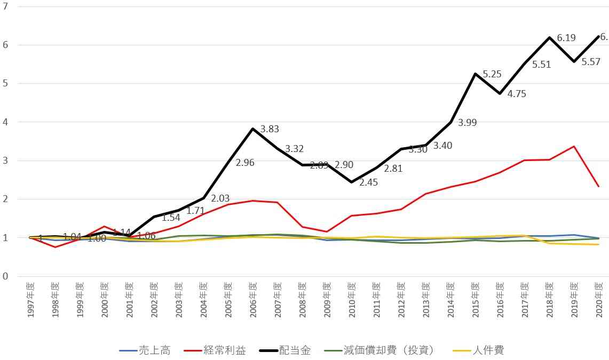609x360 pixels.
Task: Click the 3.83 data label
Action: tap(270, 129)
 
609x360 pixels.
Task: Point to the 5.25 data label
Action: tap(492, 75)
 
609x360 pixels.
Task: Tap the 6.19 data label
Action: tap(566, 38)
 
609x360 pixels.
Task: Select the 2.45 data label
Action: tap(369, 182)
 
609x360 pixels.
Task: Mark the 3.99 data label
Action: tap(468, 123)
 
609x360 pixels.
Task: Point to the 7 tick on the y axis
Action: tap(5, 6)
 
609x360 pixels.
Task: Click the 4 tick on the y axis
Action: tap(5, 122)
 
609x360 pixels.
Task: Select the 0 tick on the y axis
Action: tap(5, 276)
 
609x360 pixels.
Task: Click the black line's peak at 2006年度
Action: tap(252, 129)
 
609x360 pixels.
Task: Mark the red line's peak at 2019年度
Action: tap(574, 146)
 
